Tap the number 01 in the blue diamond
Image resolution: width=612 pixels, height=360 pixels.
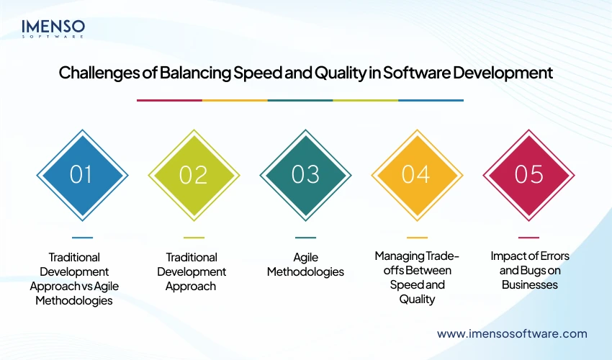(x=81, y=175)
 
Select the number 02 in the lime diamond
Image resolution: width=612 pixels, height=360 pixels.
(x=194, y=175)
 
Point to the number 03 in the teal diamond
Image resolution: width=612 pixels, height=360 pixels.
(x=305, y=175)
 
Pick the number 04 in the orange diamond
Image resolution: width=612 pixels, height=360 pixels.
(x=417, y=175)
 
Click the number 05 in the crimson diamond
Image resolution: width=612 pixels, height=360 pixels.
(x=529, y=175)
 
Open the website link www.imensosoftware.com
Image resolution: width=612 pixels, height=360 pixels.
(x=512, y=333)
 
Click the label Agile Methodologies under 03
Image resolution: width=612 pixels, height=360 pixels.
(x=305, y=264)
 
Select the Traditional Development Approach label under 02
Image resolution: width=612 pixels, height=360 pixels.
(x=192, y=271)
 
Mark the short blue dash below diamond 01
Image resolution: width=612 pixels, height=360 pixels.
(x=82, y=237)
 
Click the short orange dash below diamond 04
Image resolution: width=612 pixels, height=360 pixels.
(x=417, y=237)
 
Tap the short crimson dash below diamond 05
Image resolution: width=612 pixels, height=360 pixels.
(x=529, y=237)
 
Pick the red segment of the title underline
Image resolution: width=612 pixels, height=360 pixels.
(x=169, y=100)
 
